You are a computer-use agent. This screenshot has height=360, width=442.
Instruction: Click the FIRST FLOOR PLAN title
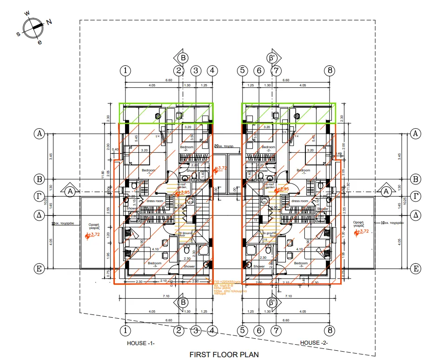[224, 354]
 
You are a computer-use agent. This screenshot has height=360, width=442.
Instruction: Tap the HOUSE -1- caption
[141, 343]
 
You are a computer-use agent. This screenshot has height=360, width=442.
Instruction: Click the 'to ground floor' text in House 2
[270, 234]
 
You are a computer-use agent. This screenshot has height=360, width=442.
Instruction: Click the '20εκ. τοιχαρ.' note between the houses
[225, 145]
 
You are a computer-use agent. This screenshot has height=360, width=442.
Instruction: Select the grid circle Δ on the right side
[416, 215]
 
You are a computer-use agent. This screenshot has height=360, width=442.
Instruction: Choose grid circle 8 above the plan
[330, 71]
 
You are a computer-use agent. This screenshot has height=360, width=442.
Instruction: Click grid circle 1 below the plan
[125, 331]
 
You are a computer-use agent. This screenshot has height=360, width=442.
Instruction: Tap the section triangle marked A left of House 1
[70, 191]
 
